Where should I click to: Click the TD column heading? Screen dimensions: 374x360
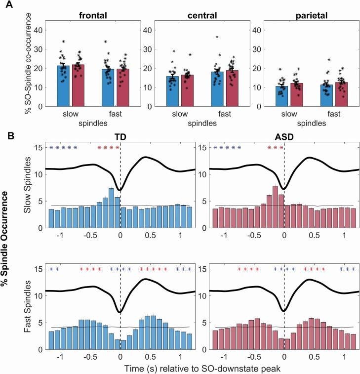click(x=120, y=136)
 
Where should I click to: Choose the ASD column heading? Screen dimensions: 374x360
click(x=284, y=136)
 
